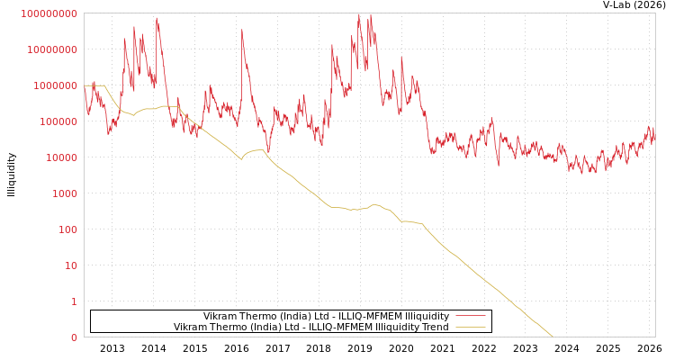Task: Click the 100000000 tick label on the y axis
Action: tap(49, 13)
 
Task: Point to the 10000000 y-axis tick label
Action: tap(52, 49)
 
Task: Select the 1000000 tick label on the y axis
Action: tap(55, 85)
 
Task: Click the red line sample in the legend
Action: tap(471, 316)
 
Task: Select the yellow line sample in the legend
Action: tap(471, 327)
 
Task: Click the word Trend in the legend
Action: tap(434, 327)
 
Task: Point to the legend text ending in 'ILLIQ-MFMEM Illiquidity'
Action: tap(326, 316)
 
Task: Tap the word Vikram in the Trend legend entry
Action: tap(190, 327)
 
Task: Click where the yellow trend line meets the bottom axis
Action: tap(553, 337)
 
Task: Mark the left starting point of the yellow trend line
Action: tap(85, 86)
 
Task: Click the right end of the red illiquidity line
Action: tap(654, 138)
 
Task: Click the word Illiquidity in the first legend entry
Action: tap(426, 316)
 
